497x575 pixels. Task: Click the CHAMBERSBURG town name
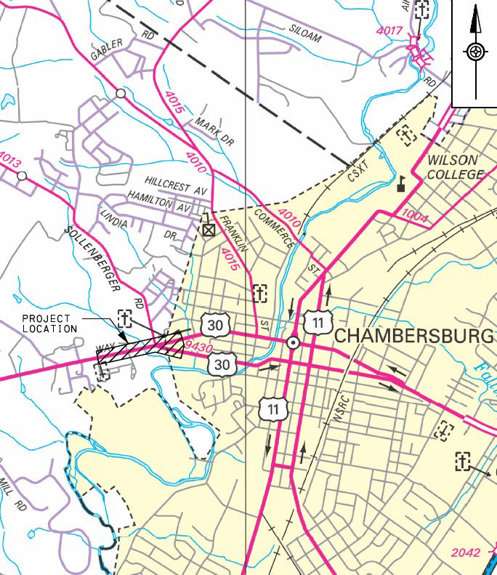pyautogui.click(x=413, y=337)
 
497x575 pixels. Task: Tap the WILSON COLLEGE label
pyautogui.click(x=454, y=167)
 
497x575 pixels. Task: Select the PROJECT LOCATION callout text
pyautogui.click(x=47, y=323)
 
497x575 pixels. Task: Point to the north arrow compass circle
pyautogui.click(x=476, y=52)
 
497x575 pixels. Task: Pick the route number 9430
pyautogui.click(x=200, y=348)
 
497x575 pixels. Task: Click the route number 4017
pyautogui.click(x=390, y=31)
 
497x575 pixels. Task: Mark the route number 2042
pyautogui.click(x=465, y=552)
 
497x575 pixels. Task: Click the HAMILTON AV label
pyautogui.click(x=158, y=201)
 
